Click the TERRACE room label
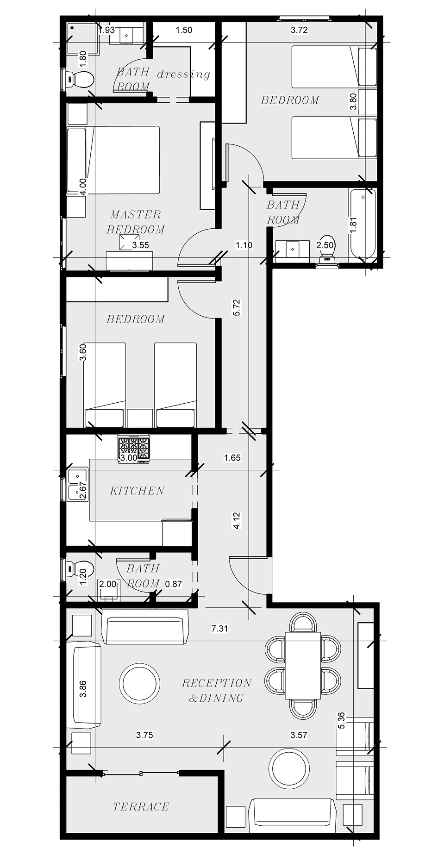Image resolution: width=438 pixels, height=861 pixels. (x=141, y=807)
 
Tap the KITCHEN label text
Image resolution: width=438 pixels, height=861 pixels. (x=138, y=491)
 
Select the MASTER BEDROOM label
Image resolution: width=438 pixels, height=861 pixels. (x=136, y=222)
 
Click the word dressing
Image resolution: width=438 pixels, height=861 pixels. (x=183, y=74)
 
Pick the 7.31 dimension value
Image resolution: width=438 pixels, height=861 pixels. (x=219, y=629)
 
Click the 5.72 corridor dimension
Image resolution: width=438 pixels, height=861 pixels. (x=237, y=307)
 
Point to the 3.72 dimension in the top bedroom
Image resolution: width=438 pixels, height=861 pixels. (x=299, y=31)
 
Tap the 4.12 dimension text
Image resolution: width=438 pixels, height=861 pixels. (x=237, y=520)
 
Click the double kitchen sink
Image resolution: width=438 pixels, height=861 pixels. (x=77, y=484)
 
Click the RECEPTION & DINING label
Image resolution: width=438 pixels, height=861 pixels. (x=217, y=690)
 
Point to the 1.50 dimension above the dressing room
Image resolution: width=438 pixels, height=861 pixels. (x=184, y=31)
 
